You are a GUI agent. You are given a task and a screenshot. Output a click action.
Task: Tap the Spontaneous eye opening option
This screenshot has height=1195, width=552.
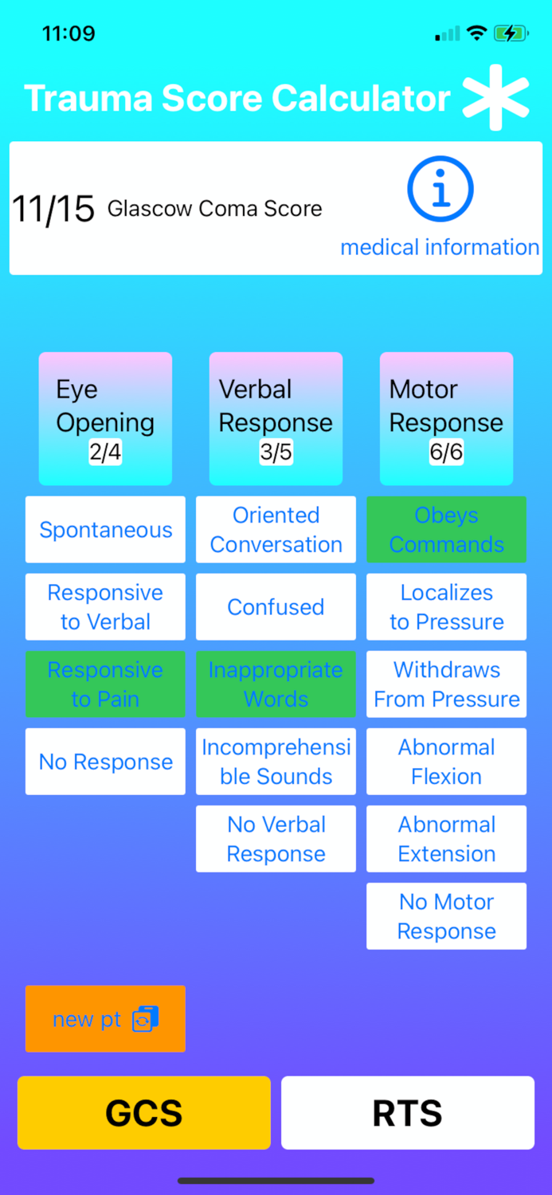click(105, 530)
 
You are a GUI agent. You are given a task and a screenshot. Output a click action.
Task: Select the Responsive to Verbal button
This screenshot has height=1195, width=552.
click(105, 607)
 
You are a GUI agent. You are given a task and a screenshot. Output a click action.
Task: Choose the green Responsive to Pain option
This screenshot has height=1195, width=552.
click(105, 684)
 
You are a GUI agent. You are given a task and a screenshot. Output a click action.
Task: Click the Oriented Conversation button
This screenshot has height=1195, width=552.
click(276, 530)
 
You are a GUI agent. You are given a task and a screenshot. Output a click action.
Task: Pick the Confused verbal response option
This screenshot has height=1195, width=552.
click(276, 607)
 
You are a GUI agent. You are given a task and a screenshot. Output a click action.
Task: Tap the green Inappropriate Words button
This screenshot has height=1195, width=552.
click(276, 684)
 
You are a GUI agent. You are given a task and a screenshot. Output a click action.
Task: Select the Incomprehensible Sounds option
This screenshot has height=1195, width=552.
click(276, 762)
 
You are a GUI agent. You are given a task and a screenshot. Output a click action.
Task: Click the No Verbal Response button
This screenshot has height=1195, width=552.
click(276, 839)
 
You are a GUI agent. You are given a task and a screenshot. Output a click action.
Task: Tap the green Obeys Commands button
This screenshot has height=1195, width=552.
click(446, 530)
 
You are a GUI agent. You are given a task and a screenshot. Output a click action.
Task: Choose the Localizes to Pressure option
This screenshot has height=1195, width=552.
click(446, 607)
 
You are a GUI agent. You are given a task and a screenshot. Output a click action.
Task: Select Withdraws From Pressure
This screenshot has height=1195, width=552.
click(446, 684)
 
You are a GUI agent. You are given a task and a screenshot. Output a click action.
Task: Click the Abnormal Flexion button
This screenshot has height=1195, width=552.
click(446, 762)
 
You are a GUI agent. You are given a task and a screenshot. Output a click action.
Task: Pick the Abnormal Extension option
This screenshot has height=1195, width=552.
click(446, 839)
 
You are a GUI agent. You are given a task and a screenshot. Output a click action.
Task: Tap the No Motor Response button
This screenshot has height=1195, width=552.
click(446, 916)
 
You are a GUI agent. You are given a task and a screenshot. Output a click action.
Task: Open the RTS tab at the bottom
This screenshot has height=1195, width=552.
click(407, 1113)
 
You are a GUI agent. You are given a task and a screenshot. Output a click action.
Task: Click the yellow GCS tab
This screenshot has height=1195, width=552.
click(144, 1113)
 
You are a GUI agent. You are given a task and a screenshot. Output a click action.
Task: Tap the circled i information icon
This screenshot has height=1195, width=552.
click(440, 190)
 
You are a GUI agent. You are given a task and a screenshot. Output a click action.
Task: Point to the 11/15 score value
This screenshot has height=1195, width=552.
click(53, 210)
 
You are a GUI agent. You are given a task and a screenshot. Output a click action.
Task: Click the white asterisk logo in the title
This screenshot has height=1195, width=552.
click(496, 98)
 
